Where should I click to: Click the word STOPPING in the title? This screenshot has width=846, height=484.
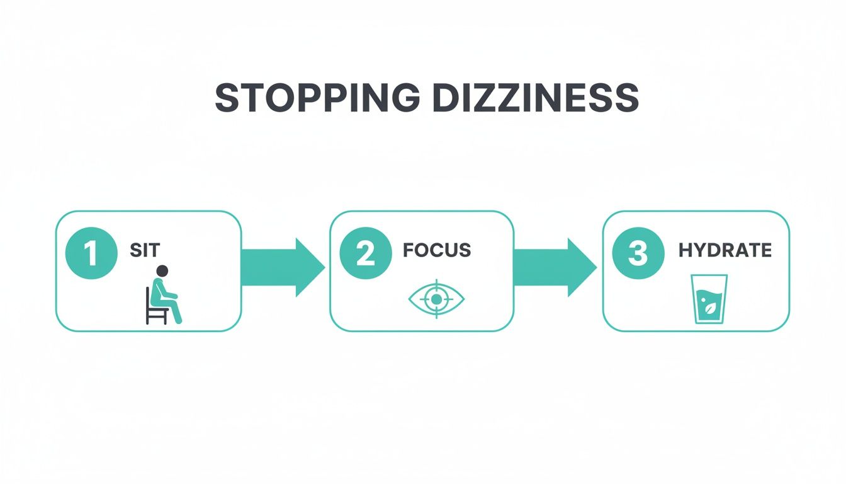point(317,98)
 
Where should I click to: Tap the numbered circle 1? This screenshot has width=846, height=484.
point(91,254)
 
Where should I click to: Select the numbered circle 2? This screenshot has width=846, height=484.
point(366,254)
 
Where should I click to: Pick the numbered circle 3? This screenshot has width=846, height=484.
point(638,254)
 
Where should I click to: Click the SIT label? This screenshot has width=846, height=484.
point(145,251)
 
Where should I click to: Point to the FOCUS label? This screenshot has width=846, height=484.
point(437,250)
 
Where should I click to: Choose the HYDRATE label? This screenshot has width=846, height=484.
point(725,250)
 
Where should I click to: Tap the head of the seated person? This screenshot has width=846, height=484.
point(162,271)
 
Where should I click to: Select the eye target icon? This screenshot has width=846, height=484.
point(436,299)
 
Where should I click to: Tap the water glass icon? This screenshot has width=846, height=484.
point(709,299)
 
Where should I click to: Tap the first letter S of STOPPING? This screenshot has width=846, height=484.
point(227,98)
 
